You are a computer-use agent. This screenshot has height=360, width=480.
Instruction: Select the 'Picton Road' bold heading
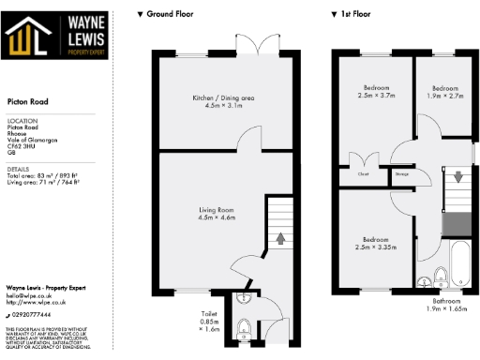coord(25,102)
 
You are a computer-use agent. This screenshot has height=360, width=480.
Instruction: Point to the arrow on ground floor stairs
coord(280,238)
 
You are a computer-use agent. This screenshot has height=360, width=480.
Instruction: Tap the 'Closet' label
coord(362,173)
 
